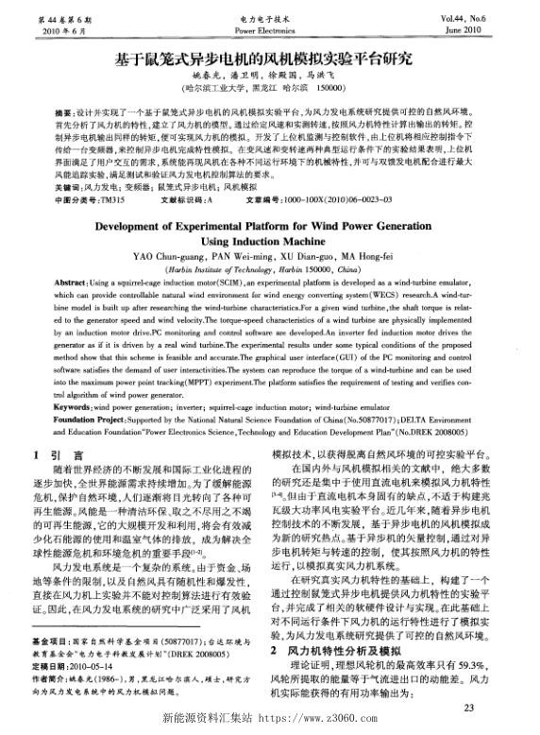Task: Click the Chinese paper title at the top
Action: (269, 60)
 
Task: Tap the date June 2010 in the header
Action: (493, 29)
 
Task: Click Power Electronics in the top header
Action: (269, 29)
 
